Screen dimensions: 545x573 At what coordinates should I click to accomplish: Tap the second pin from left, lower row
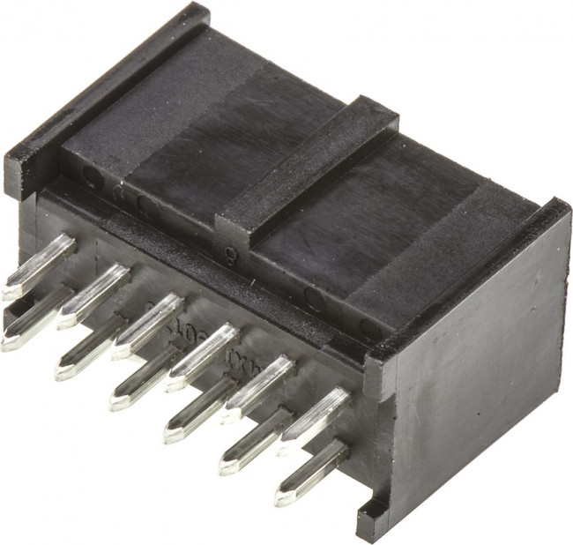[90, 348]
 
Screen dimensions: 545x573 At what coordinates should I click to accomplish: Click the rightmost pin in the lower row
[310, 472]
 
